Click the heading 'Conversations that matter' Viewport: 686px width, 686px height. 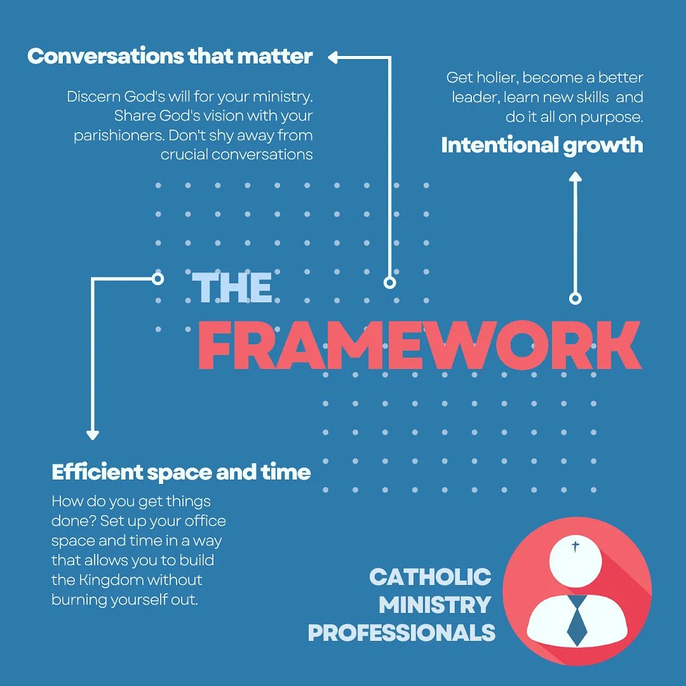coord(170,57)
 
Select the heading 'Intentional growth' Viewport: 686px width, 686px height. coord(542,145)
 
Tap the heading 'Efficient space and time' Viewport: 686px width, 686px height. coord(181,473)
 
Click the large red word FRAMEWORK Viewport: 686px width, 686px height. coord(419,346)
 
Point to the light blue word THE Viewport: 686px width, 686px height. coord(232,288)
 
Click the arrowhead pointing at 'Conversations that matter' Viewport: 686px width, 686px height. coord(333,58)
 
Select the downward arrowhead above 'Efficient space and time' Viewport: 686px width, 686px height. coord(93,435)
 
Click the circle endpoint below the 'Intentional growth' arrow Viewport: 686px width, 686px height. coord(575,298)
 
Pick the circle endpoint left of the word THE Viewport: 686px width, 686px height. coord(158,278)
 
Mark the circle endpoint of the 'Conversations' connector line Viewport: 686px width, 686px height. coord(390,282)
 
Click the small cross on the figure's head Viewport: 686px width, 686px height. coord(576,546)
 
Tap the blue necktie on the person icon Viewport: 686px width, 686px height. coord(577,619)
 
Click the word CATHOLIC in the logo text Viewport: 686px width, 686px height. coord(430,577)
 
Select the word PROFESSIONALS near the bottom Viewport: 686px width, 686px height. coord(401,633)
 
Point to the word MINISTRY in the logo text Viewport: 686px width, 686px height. coord(435,605)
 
